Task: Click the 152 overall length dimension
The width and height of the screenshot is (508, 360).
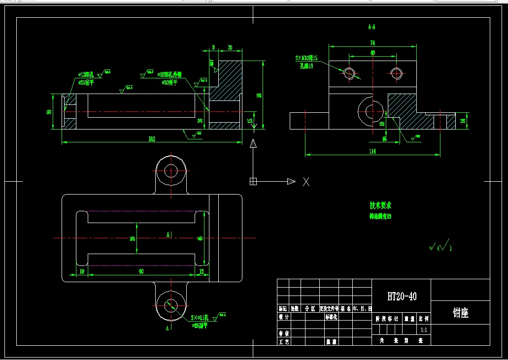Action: pyautogui.click(x=152, y=139)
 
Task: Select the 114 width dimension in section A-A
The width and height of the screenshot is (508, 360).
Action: pyautogui.click(x=372, y=151)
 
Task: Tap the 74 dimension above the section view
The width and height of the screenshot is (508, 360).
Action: pyautogui.click(x=372, y=43)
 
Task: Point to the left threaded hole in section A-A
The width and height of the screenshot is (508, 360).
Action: pyautogui.click(x=349, y=73)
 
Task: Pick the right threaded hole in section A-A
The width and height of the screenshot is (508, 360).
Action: pyautogui.click(x=397, y=73)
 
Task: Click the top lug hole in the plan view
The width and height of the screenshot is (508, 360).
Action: pyautogui.click(x=171, y=171)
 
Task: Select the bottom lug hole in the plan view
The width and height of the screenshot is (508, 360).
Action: pyautogui.click(x=171, y=304)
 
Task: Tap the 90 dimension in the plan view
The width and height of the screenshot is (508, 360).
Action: pyautogui.click(x=141, y=271)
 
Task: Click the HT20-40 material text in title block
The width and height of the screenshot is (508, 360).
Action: pyautogui.click(x=402, y=296)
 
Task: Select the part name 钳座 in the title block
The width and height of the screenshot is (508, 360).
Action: pyautogui.click(x=460, y=313)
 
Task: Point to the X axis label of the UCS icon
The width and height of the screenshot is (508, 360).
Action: pyautogui.click(x=306, y=182)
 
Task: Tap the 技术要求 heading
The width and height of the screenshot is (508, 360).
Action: pyautogui.click(x=380, y=205)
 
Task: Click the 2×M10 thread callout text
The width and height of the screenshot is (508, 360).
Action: pyautogui.click(x=307, y=59)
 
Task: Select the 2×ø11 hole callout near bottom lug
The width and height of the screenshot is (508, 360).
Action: pyautogui.click(x=200, y=318)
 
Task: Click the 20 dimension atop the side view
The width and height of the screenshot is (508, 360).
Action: pyautogui.click(x=230, y=47)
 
